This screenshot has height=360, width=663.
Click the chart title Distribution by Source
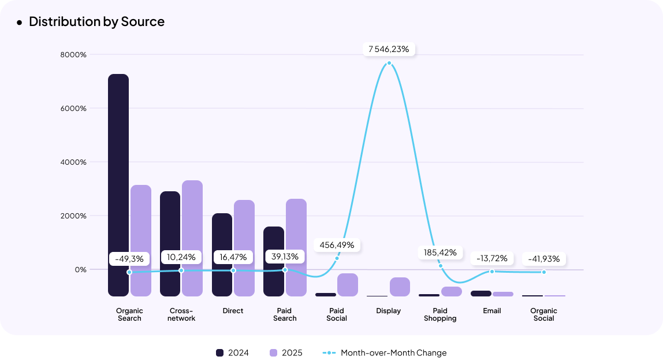coord(96,22)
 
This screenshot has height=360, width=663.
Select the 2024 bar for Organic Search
coord(118,185)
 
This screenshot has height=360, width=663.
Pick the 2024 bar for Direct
coord(222,254)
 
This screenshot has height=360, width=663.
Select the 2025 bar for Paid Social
coord(348,285)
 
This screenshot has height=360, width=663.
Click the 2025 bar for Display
coord(400,287)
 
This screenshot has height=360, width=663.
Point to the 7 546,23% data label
coord(389,49)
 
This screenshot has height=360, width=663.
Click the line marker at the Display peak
coord(389,63)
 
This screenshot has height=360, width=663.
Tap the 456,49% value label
coord(337,245)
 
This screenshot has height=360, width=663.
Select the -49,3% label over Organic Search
coord(129,259)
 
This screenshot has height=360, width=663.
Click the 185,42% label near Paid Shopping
coord(440,253)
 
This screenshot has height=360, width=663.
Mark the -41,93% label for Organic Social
coord(543,259)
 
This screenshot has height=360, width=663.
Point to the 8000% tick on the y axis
coord(73,55)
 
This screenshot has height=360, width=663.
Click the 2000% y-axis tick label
coord(73,216)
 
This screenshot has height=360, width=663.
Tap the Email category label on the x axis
coord(492,311)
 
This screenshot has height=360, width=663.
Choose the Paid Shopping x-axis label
coord(440,314)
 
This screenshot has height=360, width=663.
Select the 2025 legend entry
coord(286,352)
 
